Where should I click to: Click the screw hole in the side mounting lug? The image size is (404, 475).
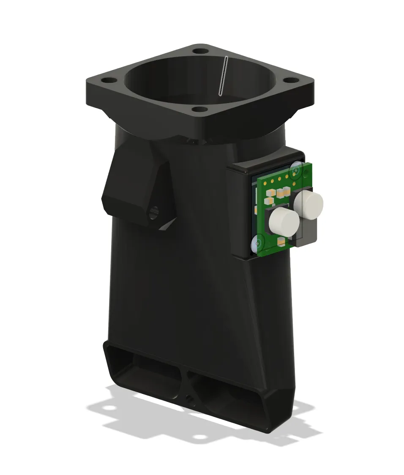point(154,210)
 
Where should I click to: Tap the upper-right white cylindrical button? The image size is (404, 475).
point(309,205)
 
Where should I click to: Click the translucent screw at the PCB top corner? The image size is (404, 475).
point(295,169)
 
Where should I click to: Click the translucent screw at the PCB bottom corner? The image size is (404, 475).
point(257,243)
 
